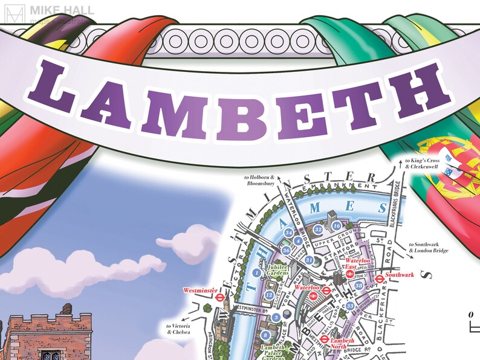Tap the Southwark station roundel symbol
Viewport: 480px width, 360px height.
tap(380, 278)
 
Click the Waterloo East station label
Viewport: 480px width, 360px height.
tap(358, 263)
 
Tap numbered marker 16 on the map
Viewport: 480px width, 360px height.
tap(337, 226)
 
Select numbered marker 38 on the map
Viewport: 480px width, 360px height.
tap(359, 286)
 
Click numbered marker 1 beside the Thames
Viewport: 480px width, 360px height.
tap(257, 274)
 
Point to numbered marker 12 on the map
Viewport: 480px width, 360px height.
tap(269, 295)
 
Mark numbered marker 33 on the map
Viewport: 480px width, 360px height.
tap(350, 307)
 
